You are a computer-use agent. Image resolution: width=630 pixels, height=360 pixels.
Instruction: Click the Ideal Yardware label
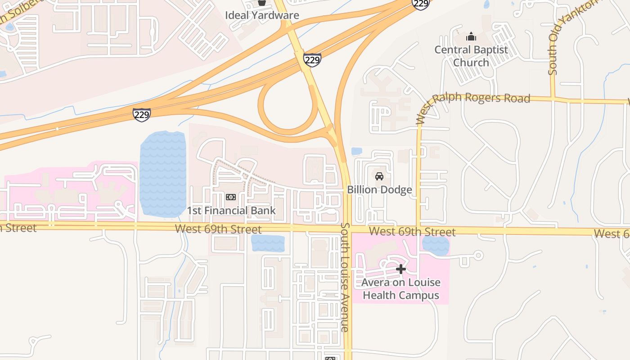click(262, 15)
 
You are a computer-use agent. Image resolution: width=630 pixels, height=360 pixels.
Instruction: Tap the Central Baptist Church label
click(471, 56)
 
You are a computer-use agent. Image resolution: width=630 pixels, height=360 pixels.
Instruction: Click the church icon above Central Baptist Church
click(471, 36)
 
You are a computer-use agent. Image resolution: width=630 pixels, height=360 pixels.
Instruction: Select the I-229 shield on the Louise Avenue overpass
click(312, 59)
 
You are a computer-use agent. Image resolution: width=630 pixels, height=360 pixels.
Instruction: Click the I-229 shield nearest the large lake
click(141, 114)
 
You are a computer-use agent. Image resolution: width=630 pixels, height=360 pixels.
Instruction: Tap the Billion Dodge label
click(379, 189)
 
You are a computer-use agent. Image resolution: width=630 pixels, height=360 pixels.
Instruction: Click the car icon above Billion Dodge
click(379, 176)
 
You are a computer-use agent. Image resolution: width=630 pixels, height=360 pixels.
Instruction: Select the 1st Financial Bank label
click(231, 211)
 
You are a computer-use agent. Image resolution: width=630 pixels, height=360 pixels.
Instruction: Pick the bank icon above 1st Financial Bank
click(231, 197)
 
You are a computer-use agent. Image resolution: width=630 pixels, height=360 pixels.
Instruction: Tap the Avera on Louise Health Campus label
click(401, 289)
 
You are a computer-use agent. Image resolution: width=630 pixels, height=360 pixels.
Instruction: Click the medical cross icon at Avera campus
click(400, 269)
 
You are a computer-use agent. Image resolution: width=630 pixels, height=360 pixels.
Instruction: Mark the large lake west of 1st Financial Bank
click(163, 173)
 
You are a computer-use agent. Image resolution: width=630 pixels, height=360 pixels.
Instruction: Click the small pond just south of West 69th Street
click(268, 243)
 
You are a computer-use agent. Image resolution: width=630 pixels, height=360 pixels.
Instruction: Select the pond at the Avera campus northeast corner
click(436, 246)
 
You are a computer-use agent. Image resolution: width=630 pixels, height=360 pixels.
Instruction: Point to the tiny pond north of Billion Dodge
click(356, 151)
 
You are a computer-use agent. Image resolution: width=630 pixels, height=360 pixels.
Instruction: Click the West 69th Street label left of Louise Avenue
click(218, 229)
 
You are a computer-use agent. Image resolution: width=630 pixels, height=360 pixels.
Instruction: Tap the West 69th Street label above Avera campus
click(412, 232)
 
